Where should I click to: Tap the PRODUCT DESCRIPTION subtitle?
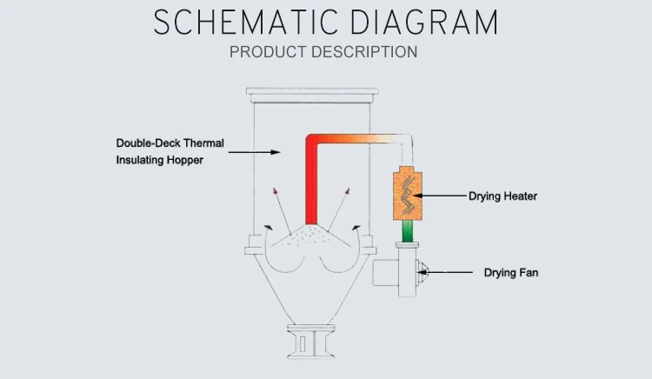coord(323,52)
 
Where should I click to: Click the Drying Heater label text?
coord(502,196)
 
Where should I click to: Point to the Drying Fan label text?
coord(511,273)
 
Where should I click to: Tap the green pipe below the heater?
coord(406,232)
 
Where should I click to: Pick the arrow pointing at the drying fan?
coord(452,273)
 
